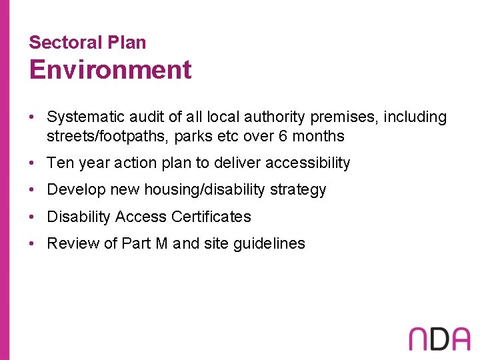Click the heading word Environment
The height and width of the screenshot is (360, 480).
click(x=110, y=70)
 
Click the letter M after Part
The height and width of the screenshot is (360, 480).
click(x=162, y=244)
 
